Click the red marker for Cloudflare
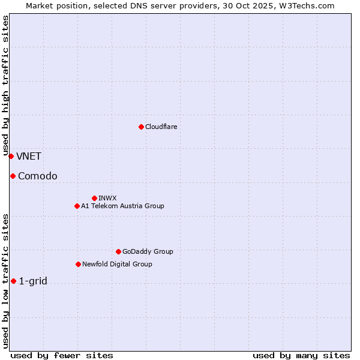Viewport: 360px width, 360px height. [x=141, y=127]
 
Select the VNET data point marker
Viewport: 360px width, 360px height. [x=11, y=156]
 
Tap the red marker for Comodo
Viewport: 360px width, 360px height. [x=13, y=176]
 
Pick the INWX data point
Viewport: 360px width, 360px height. [x=94, y=198]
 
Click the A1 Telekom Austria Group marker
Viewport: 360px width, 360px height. [x=77, y=206]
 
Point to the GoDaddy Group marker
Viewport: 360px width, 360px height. [x=118, y=251]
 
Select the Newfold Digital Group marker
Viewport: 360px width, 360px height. [x=78, y=264]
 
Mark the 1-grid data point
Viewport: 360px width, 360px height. [x=13, y=281]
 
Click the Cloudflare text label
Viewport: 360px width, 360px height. [x=161, y=127]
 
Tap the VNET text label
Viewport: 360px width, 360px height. [x=29, y=157]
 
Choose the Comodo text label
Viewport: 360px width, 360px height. [x=38, y=176]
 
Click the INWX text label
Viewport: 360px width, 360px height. [x=107, y=198]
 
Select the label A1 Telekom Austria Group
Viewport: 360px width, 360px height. [x=122, y=206]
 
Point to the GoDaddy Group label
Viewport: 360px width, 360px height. [x=148, y=251]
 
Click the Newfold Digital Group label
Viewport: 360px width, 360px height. [x=117, y=264]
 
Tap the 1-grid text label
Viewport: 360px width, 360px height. [x=33, y=281]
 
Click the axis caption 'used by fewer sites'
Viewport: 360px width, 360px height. [x=62, y=355]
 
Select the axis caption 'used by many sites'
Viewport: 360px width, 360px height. [x=301, y=355]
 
